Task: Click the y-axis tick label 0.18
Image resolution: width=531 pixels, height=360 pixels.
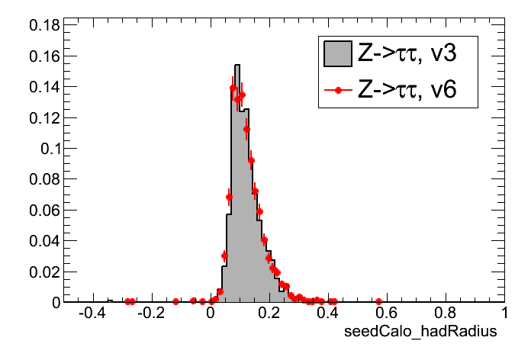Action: [44, 25]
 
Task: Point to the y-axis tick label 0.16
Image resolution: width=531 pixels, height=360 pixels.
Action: [44, 56]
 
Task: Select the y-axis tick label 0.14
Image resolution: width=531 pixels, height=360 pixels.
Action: [44, 87]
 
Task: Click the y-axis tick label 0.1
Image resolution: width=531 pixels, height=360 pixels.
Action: [49, 149]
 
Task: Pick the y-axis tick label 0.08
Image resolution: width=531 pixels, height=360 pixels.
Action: [44, 179]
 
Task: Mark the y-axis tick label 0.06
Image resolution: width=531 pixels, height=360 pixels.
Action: [44, 210]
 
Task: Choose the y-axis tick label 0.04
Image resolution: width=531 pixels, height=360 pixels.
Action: [44, 241]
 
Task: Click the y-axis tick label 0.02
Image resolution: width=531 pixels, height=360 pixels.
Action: [44, 272]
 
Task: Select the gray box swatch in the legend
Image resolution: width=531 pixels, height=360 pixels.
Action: [338, 53]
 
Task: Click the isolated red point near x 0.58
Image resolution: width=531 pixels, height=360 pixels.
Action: [379, 302]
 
